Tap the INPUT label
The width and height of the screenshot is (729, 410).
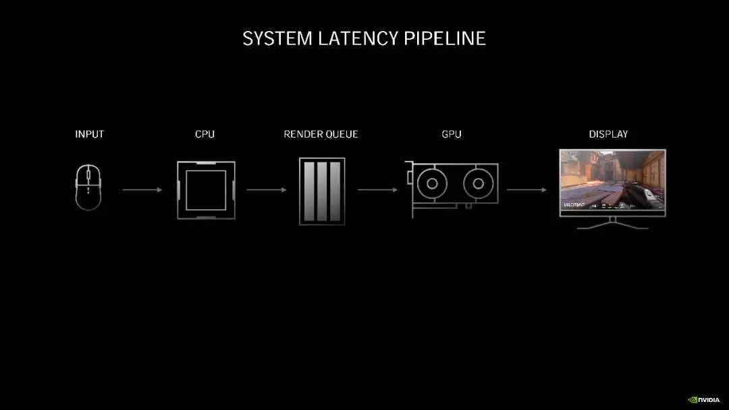(x=90, y=134)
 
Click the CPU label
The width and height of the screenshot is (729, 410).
(x=205, y=134)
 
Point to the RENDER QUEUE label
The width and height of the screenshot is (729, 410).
(x=321, y=134)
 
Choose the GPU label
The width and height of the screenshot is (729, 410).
(x=452, y=134)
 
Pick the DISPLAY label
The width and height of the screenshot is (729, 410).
(x=608, y=134)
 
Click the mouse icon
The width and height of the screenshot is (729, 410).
(x=88, y=188)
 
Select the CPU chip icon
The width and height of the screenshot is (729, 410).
(x=206, y=189)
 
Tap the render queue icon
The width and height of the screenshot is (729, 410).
(x=322, y=191)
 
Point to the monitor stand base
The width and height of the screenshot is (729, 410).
(x=612, y=227)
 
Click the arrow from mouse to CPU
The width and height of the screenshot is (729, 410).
(x=142, y=190)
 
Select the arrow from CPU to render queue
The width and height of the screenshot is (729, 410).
(x=266, y=190)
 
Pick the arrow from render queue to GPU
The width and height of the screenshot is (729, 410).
(x=377, y=190)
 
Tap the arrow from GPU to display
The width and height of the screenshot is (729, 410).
(x=526, y=190)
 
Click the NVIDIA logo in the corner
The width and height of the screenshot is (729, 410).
(x=703, y=399)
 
